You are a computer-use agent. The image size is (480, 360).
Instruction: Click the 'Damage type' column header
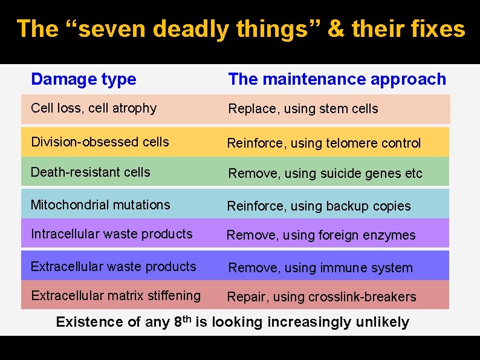tap(83, 79)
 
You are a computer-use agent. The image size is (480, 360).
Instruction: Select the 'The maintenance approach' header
tap(337, 79)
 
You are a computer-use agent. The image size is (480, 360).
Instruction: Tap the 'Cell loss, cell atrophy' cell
tap(94, 108)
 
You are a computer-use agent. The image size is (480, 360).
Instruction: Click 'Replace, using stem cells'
tap(303, 109)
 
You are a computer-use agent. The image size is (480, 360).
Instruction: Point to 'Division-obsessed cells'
tap(100, 142)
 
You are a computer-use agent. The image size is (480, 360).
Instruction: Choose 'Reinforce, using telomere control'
tap(323, 143)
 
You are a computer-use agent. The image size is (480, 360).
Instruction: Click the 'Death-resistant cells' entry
tap(91, 172)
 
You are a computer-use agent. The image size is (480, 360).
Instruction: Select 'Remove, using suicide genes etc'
tap(325, 174)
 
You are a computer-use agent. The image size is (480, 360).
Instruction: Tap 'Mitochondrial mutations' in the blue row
tap(100, 205)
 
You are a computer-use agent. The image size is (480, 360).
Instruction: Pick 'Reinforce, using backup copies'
tap(319, 206)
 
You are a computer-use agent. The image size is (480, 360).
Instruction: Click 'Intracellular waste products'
tap(111, 234)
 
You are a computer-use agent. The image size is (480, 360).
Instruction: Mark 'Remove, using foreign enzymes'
tap(321, 235)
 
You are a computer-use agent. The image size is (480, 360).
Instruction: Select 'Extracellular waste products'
tap(113, 267)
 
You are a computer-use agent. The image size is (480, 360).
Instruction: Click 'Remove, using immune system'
tap(320, 268)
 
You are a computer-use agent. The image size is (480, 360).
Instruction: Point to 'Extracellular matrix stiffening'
tap(115, 296)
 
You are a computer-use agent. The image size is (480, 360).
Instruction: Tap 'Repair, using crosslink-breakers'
tap(321, 297)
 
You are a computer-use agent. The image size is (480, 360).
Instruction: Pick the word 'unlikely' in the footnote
tap(382, 322)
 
